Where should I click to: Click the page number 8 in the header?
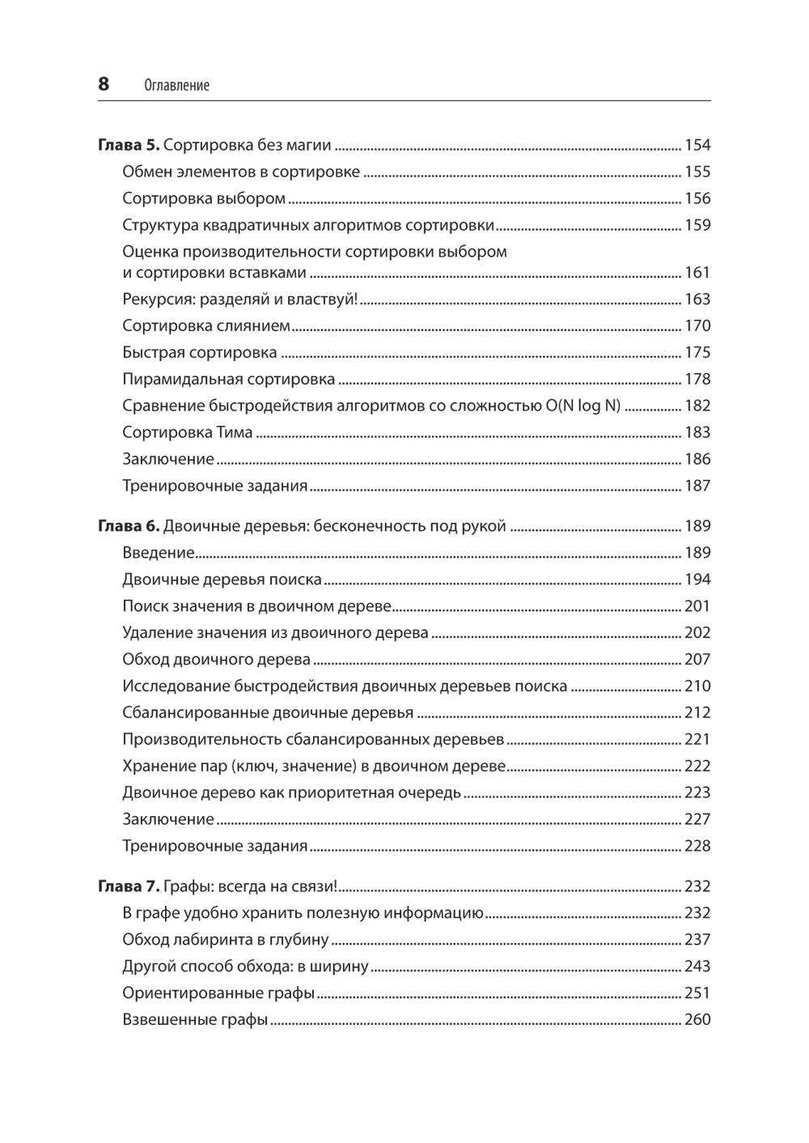pos(104,83)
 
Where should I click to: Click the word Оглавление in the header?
pos(176,85)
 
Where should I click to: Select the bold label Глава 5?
pos(129,145)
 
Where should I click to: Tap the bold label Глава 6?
pos(129,526)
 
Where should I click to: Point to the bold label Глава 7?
pos(129,886)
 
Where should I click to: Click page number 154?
pos(697,145)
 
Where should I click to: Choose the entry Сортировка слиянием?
pos(205,325)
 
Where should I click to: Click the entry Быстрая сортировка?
pos(199,352)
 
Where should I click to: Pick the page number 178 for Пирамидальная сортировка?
pos(697,379)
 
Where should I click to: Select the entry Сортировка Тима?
pos(187,432)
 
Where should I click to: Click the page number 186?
pos(697,459)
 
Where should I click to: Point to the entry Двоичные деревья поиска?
pos(222,580)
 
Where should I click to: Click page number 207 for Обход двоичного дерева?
pos(697,659)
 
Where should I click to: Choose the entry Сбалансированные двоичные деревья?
pos(267,713)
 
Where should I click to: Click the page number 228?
pos(697,846)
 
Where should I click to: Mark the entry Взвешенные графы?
pos(194,1020)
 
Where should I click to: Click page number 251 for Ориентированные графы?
pos(697,993)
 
